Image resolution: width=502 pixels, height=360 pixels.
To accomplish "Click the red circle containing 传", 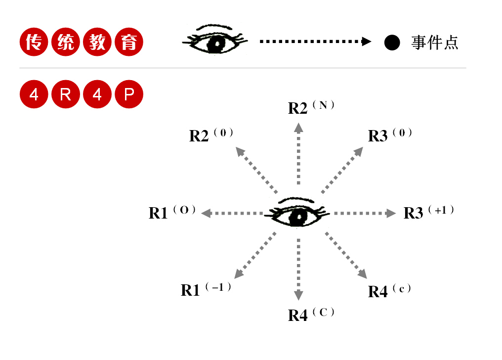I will click(x=34, y=43).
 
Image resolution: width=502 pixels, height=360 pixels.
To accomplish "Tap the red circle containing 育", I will click(x=129, y=43).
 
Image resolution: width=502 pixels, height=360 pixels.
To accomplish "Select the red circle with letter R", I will click(x=65, y=94).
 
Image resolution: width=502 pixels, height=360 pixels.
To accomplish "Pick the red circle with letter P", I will click(x=129, y=94).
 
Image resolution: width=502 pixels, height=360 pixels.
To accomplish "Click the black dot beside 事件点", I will click(x=392, y=43).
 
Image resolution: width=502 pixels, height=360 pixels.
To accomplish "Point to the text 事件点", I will click(x=435, y=43).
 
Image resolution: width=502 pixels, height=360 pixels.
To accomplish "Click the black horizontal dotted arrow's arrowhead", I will click(x=366, y=42).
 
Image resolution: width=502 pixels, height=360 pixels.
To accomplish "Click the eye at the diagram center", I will click(x=297, y=214).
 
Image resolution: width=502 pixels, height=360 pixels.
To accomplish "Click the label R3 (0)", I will click(x=390, y=135).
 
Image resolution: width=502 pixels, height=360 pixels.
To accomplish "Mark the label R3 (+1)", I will click(x=428, y=212).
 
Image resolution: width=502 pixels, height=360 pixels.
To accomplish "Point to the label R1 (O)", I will click(x=172, y=212).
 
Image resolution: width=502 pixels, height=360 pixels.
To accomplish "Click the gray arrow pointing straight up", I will click(x=298, y=153).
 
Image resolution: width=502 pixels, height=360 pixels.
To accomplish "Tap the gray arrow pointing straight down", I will click(x=298, y=270).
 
